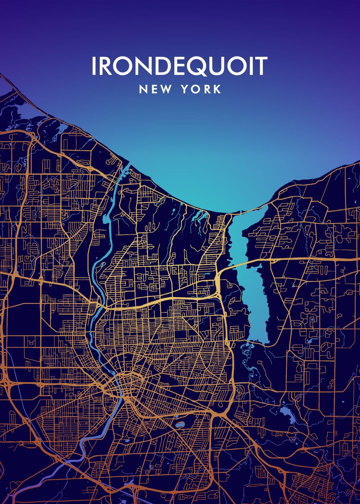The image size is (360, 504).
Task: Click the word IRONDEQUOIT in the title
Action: coord(179,66)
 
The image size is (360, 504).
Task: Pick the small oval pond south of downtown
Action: coord(179,425)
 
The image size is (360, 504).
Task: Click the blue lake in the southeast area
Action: coord(288,413)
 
